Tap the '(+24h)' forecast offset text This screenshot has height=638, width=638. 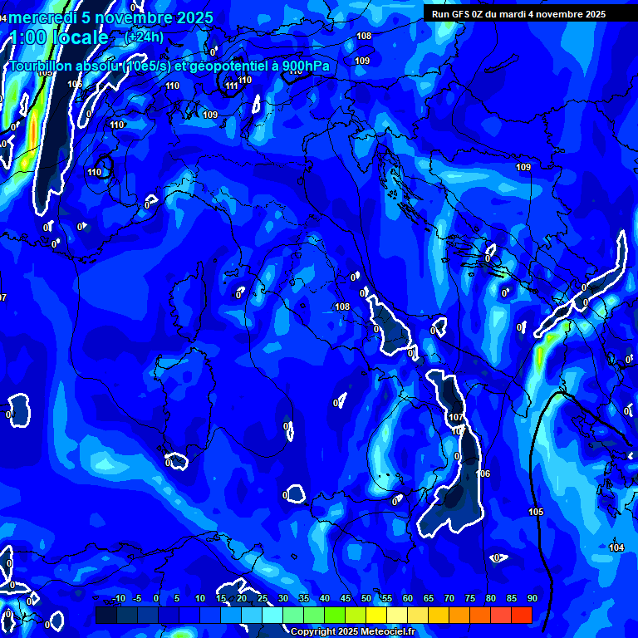tap(144, 37)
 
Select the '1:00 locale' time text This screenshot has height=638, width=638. tap(58, 37)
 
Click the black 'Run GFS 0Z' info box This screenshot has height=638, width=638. tap(530, 13)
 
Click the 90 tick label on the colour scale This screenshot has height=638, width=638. tap(532, 598)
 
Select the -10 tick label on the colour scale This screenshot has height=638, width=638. tap(118, 598)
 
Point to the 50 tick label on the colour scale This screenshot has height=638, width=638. tap(366, 598)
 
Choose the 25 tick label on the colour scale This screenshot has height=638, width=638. tap(263, 598)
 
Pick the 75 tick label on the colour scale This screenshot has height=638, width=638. tap(470, 598)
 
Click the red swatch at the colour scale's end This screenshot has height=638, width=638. tap(521, 615)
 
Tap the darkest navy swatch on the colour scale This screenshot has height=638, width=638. tap(106, 615)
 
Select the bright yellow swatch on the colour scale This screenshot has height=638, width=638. tap(375, 615)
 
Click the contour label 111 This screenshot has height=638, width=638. tap(232, 86)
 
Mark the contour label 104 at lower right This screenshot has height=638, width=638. tap(616, 547)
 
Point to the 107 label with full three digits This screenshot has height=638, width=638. tap(456, 417)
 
